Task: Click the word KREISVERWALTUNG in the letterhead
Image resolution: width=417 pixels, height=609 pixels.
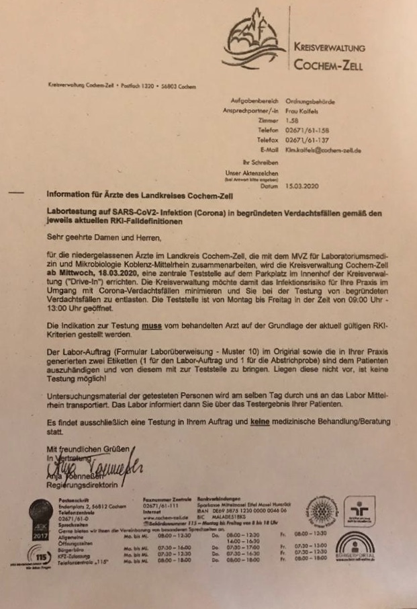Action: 330,48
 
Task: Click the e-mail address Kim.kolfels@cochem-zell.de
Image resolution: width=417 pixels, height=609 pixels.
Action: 323,151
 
